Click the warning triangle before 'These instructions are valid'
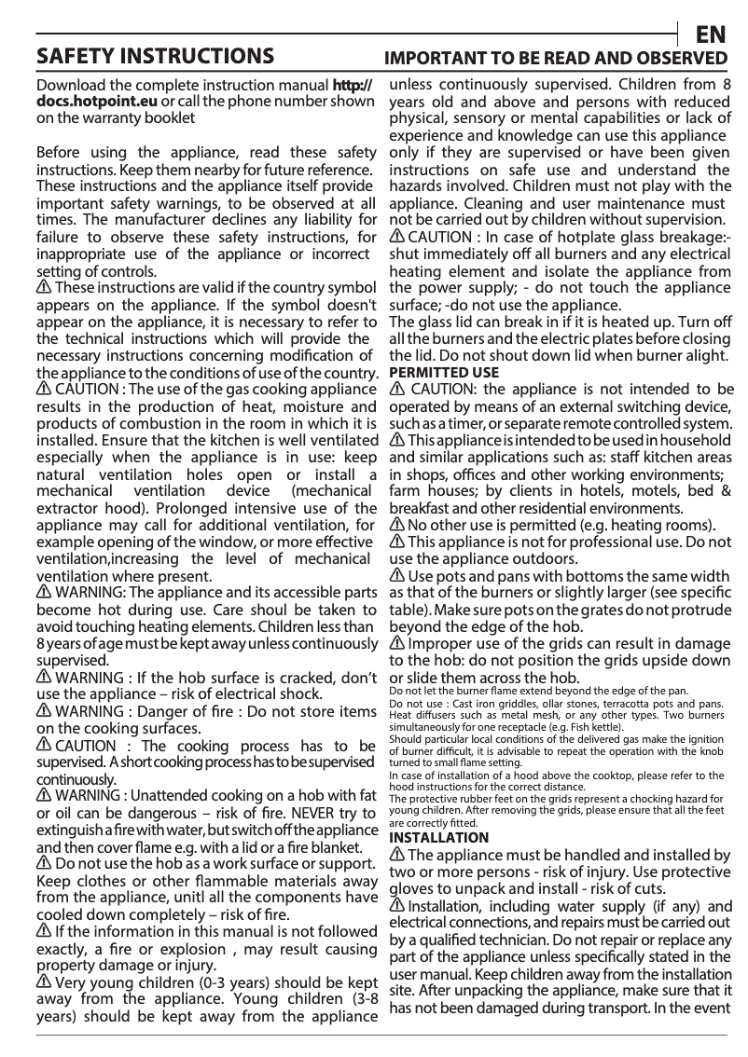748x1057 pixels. (43, 287)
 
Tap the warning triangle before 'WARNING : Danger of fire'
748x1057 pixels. (43, 711)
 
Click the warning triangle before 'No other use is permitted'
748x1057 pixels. (396, 525)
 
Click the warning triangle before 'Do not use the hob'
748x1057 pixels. (43, 863)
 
